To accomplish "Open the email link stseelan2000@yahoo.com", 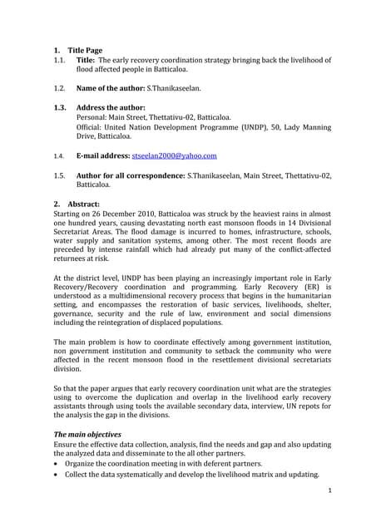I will click(x=174, y=155).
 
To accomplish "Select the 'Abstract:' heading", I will click(x=80, y=204).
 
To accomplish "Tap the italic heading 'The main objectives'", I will click(x=87, y=435).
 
